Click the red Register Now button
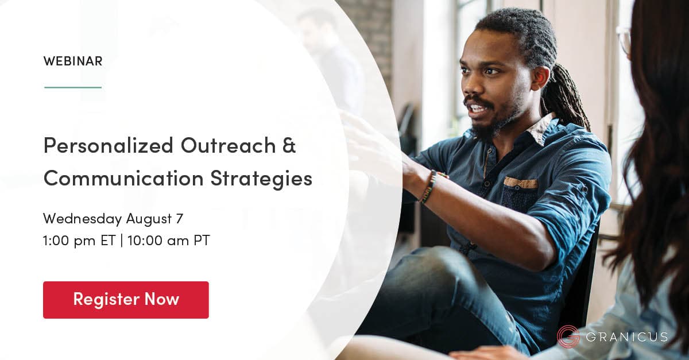point(126,300)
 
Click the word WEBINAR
point(73,61)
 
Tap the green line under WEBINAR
point(73,87)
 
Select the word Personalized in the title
point(102,146)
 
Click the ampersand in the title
point(289,146)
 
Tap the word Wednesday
point(82,219)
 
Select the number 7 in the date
point(179,219)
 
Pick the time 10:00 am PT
point(169,241)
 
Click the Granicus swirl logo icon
point(568,336)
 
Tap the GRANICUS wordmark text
point(626,336)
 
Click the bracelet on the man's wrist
point(428,187)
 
